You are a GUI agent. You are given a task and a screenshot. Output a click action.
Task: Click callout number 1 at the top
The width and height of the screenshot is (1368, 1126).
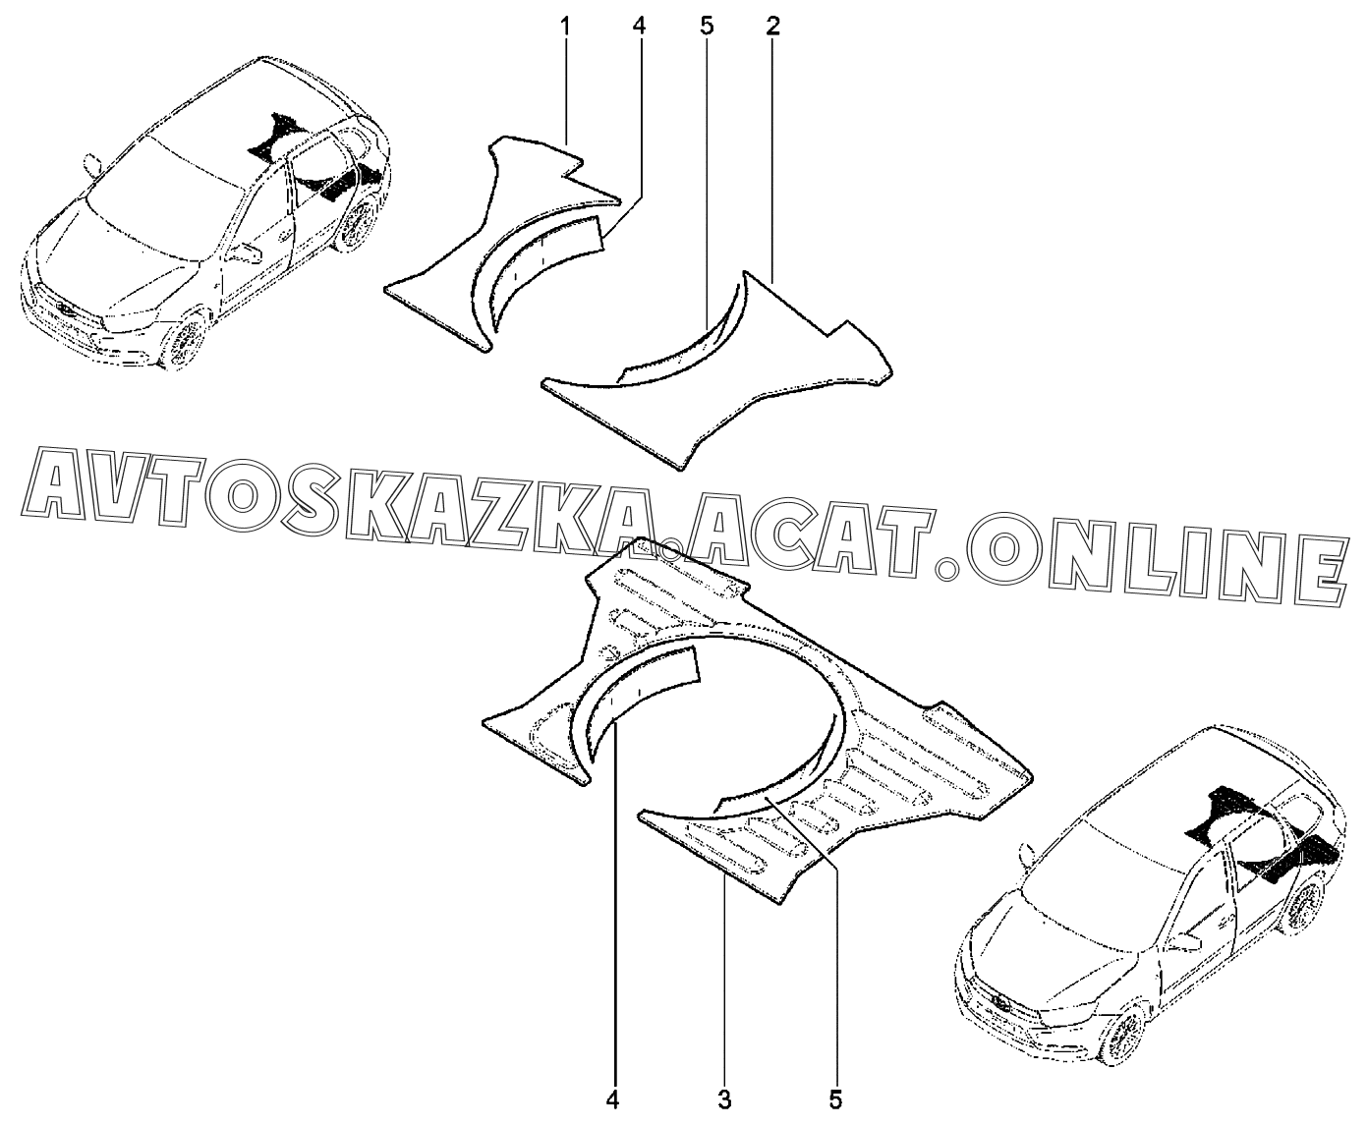coord(566,27)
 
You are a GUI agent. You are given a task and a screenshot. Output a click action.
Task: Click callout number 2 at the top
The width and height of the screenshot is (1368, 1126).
coord(772,27)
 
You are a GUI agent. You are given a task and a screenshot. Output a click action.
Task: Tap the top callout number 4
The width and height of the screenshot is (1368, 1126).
coord(639,27)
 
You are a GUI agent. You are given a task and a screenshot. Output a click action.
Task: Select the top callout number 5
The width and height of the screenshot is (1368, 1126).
coord(707,27)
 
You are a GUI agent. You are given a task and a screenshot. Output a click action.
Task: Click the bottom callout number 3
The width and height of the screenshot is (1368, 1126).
coord(724,1098)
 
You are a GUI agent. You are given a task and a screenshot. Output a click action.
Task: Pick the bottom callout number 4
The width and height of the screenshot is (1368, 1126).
coord(614,1098)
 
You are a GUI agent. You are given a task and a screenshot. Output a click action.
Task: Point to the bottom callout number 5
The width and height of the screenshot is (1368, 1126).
coord(837,1098)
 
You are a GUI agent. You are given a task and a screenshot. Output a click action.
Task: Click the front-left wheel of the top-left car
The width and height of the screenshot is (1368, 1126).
coord(184,343)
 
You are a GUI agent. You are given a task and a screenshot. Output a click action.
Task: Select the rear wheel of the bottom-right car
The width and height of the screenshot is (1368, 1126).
coord(1302,909)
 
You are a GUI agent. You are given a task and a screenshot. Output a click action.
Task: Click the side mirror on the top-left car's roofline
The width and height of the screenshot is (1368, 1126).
coord(93,163)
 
